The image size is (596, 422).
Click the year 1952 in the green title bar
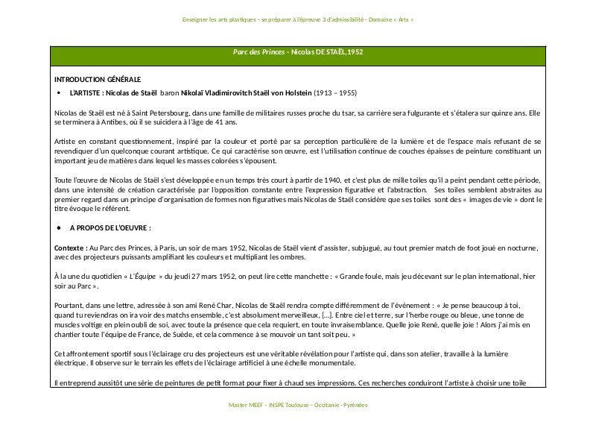(355, 53)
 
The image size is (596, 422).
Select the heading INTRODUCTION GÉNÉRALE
(97, 79)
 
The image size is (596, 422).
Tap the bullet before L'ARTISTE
(59, 93)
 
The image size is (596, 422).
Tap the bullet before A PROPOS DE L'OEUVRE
(59, 227)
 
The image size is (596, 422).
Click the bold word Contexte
(70, 247)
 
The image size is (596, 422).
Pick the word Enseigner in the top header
(196, 19)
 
